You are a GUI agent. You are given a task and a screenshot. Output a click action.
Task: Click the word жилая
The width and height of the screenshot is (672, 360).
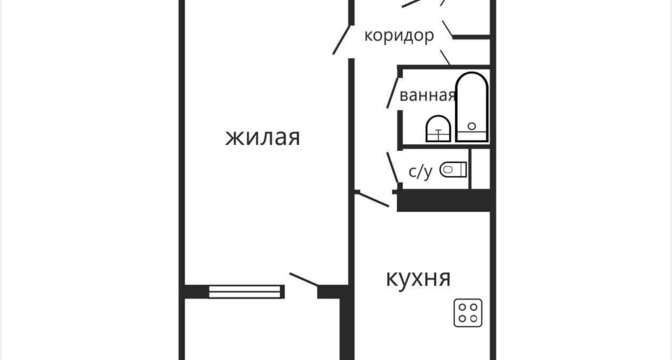pos(262,138)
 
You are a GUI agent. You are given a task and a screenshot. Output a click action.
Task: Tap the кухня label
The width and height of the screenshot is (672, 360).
pos(418,279)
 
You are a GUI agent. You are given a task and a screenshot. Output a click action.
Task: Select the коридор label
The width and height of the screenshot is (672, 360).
pos(399,36)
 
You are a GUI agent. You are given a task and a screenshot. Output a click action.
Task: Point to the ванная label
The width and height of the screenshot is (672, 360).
pos(427,95)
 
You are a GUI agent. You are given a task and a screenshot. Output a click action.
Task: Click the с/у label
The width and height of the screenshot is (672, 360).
pos(420,172)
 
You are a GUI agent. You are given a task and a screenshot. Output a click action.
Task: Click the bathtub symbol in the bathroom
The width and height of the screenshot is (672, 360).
pos(472,107)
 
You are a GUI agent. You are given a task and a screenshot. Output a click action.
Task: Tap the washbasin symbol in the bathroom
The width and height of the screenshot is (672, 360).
pos(438,129)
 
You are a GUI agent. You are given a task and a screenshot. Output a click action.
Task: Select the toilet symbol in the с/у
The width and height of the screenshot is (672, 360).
pos(453,170)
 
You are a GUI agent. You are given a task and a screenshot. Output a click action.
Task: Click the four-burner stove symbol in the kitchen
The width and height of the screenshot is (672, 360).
pos(468,313)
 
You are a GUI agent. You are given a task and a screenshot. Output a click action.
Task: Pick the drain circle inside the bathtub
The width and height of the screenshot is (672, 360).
pos(472,126)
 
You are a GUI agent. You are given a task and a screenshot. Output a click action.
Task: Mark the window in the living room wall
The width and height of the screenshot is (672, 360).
pos(245,291)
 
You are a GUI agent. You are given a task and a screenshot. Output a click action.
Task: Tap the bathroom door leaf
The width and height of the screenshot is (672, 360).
pos(392,93)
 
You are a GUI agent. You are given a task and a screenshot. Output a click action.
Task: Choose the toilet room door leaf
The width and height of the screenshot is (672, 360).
pos(392,168)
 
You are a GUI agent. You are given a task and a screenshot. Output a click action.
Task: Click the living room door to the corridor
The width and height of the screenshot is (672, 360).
pos(342,40)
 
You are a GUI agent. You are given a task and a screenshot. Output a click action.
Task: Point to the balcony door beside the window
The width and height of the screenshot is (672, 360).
pos(304,279)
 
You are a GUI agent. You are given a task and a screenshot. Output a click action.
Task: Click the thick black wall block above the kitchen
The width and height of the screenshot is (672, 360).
pos(444,201)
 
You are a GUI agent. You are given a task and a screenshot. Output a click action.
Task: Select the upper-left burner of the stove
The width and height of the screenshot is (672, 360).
pos(462,307)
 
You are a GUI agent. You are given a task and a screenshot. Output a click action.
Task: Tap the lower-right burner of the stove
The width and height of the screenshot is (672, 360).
pos(474,318)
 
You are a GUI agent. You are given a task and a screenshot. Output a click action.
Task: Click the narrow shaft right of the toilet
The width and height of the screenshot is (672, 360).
pos(480,168)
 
